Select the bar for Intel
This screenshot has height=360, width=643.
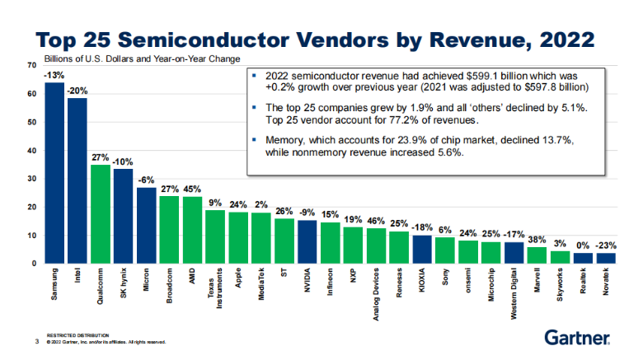[x=77, y=181]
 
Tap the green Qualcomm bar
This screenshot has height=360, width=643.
[x=100, y=214]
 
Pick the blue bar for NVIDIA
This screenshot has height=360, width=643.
[x=307, y=241]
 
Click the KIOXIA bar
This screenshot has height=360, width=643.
[x=421, y=249]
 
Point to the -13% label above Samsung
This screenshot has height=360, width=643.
[x=54, y=76]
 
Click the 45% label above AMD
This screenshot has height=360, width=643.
[x=192, y=189]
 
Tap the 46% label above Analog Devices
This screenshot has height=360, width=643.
[x=376, y=221]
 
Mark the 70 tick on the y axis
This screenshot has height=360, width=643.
[x=32, y=64]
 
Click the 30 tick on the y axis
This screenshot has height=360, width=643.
[x=32, y=179]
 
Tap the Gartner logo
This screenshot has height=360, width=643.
[x=576, y=337]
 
